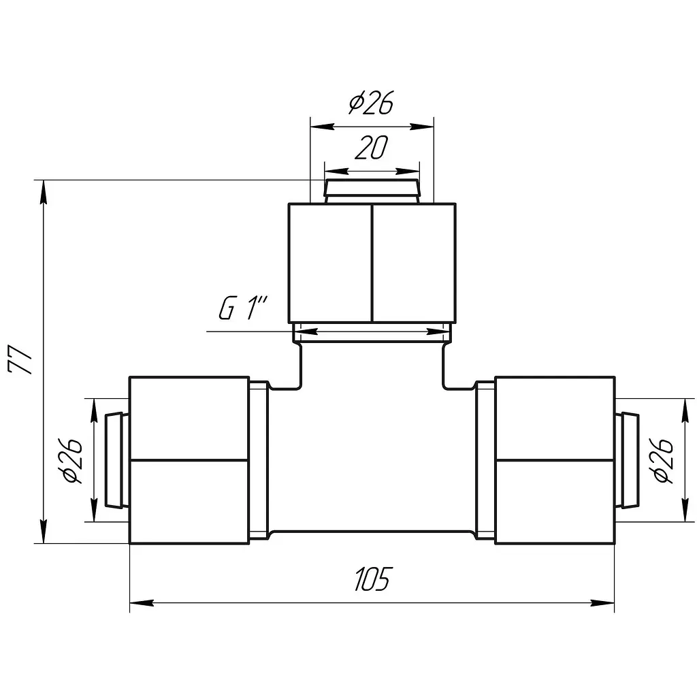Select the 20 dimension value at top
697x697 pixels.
pyautogui.click(x=372, y=147)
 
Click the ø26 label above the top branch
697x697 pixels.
pyautogui.click(x=372, y=102)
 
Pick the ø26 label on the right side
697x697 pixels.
pyautogui.click(x=664, y=461)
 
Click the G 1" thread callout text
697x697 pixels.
pyautogui.click(x=243, y=308)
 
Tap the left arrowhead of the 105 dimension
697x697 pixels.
pyautogui.click(x=142, y=603)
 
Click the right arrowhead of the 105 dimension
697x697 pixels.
pyautogui.click(x=603, y=603)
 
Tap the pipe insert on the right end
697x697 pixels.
pyautogui.click(x=627, y=460)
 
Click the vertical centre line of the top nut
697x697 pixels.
pyautogui.click(x=372, y=263)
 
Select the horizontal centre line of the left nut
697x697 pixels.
pyautogui.click(x=189, y=459)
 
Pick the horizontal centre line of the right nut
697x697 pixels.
pyautogui.click(x=555, y=459)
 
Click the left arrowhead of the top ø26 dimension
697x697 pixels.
pyautogui.click(x=322, y=127)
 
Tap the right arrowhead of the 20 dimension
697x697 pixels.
pyautogui.click(x=407, y=171)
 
